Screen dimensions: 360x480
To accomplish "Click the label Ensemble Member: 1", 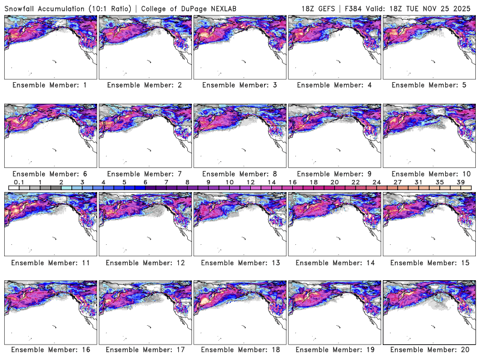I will pyautogui.click(x=50, y=85).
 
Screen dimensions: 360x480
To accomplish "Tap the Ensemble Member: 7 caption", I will pyautogui.click(x=145, y=174).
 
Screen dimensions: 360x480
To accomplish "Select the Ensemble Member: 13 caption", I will pyautogui.click(x=239, y=262).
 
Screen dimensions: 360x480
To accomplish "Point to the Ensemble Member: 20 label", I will pyautogui.click(x=428, y=350).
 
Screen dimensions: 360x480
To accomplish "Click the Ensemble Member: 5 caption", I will pyautogui.click(x=428, y=85).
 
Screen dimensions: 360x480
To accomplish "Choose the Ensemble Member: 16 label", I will pyautogui.click(x=50, y=350).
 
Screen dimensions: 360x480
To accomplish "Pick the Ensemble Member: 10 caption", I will pyautogui.click(x=428, y=174).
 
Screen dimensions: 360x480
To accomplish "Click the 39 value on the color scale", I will pyautogui.click(x=460, y=182).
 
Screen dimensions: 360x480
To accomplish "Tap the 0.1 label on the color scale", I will pyautogui.click(x=19, y=182).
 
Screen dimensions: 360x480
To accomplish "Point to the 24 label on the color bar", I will pyautogui.click(x=376, y=182).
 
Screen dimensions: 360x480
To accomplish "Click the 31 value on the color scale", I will pyautogui.click(x=418, y=182).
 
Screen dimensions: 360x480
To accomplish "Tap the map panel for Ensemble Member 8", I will pyautogui.click(x=239, y=136).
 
